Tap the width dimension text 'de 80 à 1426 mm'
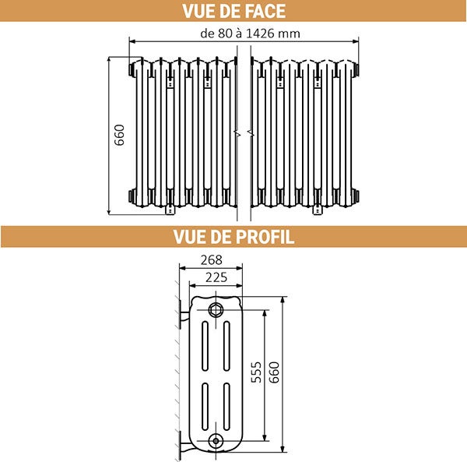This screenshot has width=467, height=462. (250, 34)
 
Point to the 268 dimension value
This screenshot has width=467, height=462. (211, 259)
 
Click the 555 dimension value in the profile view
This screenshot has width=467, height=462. (256, 373)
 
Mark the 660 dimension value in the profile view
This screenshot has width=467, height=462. (273, 373)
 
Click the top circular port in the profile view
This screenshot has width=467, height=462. (214, 309)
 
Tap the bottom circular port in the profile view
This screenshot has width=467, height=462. (214, 441)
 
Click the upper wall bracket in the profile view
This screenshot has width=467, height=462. (184, 316)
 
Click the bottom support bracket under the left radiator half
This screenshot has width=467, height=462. (170, 208)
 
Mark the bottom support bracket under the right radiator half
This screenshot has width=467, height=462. (318, 208)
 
